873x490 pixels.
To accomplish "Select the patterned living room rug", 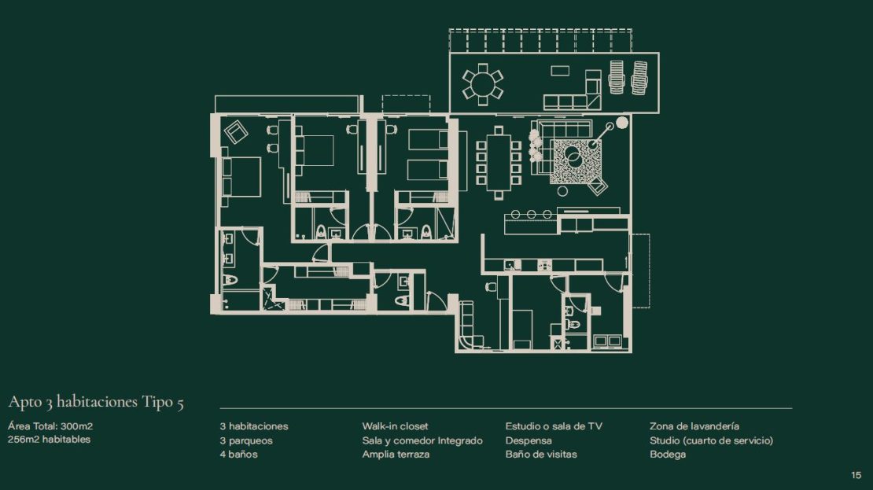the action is click(576, 161).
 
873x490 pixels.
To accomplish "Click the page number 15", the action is click(856, 475).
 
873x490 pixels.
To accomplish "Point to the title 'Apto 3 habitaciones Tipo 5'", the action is click(96, 402).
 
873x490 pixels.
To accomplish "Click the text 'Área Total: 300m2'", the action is click(50, 426).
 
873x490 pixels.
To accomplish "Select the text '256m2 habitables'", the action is click(49, 440).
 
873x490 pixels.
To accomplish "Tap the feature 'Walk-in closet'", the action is click(396, 426).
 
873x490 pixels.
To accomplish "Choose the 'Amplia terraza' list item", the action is click(396, 454).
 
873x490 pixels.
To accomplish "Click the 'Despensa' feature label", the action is click(529, 440).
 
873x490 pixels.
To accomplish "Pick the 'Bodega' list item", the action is click(668, 455).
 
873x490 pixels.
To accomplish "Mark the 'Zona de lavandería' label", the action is click(694, 426).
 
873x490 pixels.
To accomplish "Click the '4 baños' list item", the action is click(239, 455).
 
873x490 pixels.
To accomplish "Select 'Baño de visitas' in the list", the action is click(541, 454).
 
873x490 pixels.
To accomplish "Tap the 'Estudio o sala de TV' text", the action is click(554, 426).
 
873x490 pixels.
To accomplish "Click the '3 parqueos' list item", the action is click(246, 440).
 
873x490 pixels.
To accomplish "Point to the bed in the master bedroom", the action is click(241, 176).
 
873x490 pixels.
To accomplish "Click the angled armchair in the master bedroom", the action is click(235, 132).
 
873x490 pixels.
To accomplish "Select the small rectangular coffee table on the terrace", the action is click(560, 71).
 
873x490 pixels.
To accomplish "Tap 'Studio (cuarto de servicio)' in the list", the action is click(712, 440).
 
